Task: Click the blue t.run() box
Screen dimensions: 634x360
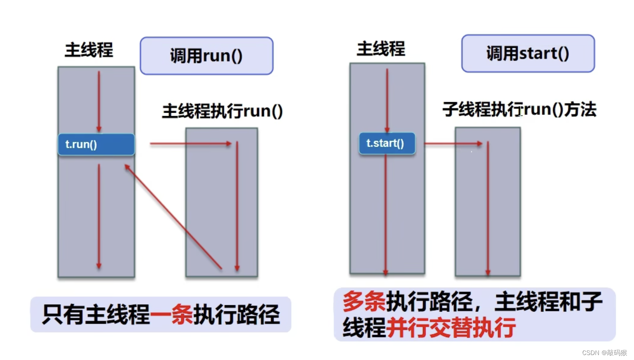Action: tap(96, 144)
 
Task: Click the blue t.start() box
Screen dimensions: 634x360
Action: tap(387, 144)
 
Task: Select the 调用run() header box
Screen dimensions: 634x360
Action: tap(206, 56)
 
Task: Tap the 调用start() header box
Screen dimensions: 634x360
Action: tap(528, 54)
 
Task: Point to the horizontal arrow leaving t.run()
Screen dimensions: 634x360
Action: tap(190, 144)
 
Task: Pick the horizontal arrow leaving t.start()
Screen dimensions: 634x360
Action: tap(453, 144)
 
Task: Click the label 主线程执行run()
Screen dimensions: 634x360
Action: tap(223, 111)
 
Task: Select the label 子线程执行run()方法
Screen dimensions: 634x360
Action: tap(519, 109)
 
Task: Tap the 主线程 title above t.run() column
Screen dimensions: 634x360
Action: tap(89, 50)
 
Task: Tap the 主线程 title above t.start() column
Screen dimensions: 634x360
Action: tap(381, 49)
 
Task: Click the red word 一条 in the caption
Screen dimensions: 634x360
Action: tap(171, 314)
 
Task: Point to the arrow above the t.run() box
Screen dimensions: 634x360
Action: tap(99, 101)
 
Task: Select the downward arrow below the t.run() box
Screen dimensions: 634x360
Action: tap(98, 216)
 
